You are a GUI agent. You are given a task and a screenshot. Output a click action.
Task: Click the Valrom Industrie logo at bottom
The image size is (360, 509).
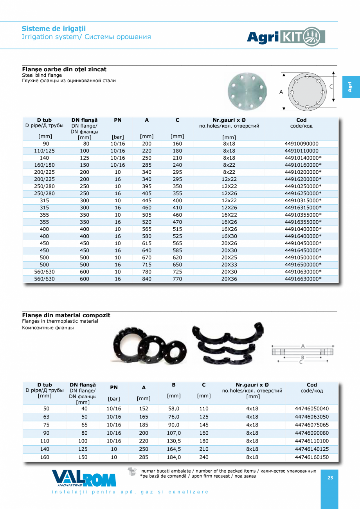click(x=84, y=478)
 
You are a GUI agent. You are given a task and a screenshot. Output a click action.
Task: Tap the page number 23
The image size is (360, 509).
click(x=330, y=478)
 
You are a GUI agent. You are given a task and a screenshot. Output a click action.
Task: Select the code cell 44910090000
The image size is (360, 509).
click(x=301, y=144)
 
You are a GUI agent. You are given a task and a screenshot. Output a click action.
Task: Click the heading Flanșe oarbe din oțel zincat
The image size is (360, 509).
click(x=64, y=69)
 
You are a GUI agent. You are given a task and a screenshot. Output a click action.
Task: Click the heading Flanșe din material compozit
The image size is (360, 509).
click(x=66, y=315)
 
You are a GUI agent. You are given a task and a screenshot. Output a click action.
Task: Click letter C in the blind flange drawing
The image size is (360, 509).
click(x=331, y=86)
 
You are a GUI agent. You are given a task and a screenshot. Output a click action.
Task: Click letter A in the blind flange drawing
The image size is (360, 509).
click(x=281, y=92)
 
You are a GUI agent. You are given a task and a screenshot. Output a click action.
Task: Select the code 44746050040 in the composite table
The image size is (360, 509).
click(x=311, y=408)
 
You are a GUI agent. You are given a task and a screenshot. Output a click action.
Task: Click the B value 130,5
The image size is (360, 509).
click(x=174, y=441)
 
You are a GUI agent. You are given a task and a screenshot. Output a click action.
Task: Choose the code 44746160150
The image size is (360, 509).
click(x=311, y=457)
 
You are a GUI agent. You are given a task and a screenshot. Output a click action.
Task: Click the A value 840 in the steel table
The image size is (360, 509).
click(x=147, y=279)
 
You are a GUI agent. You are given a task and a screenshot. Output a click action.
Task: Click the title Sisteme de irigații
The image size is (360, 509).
click(x=54, y=29)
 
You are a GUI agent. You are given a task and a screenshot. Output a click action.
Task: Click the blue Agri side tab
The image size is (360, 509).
click(x=351, y=87)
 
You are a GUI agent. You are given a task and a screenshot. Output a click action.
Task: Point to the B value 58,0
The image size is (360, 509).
click(x=174, y=408)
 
